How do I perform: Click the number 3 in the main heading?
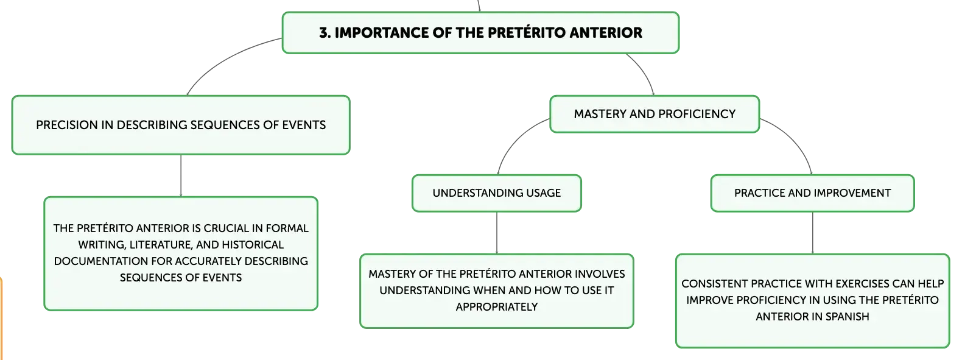point(325,33)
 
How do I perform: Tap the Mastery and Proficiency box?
point(655,114)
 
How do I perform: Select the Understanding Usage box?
point(497,193)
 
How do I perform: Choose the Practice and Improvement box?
point(813,193)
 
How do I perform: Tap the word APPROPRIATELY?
point(497,307)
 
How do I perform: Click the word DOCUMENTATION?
point(101,261)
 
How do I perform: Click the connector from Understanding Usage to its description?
point(497,233)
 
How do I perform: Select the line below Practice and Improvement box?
point(813,233)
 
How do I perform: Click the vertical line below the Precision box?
point(181,175)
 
